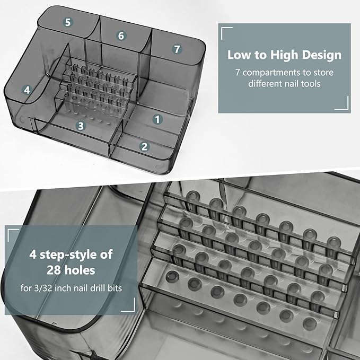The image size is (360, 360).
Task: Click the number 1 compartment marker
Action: tap(157, 119)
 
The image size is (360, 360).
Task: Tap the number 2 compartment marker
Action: tap(144, 147)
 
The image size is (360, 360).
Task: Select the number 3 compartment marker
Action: tap(81, 126)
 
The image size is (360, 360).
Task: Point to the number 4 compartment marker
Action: tap(27, 90)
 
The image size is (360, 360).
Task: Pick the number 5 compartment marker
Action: tap(68, 22)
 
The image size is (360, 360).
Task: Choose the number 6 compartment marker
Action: tap(121, 36)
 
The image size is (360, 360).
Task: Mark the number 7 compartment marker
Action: tap(177, 49)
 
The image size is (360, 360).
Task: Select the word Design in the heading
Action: tap(322, 55)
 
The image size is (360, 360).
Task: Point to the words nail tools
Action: tap(305, 83)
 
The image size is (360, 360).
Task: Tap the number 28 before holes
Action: tap(55, 270)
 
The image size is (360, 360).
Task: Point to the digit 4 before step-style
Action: tap(33, 255)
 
